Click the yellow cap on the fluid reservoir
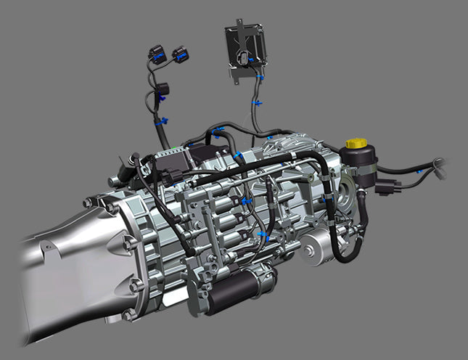(355, 143)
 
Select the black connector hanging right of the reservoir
(386, 187)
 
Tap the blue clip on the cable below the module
(256, 104)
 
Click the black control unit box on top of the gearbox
(207, 155)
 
